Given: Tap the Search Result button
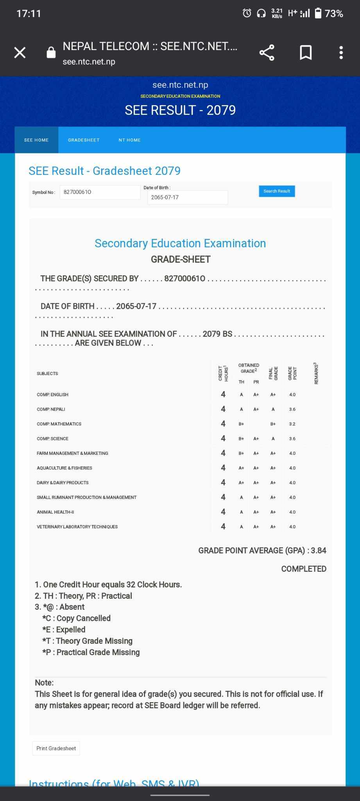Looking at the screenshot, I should pos(277,191).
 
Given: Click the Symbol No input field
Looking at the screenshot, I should pos(100,192).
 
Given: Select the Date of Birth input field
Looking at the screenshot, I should pos(188,198).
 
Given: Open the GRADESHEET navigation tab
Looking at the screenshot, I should pos(84,140).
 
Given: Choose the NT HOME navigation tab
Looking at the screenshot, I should pos(129,140).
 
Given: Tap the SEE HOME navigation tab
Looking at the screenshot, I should pos(36,140).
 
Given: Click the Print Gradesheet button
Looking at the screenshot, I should pos(56,748).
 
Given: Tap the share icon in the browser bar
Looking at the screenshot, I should pos(267,53).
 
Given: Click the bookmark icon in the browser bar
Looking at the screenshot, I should pos(306,53).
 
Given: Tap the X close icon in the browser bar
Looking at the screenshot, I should pos(20,52).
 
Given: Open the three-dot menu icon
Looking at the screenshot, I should pos(341,53).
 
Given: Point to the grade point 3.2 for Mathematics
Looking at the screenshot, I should pos(292,424).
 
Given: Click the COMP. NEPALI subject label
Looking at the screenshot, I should pos(51,409).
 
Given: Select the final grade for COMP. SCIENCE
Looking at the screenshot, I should pos(273,439).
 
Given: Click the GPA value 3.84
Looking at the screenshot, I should pos(319,551).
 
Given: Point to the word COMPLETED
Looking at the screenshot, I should pos(304,569).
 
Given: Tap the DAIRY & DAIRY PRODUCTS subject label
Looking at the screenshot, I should pos(63,483).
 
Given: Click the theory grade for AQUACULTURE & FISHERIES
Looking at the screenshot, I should pos(241,468).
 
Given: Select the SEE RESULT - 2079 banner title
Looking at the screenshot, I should pos(180,110).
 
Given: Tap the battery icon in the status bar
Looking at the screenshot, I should pos(318,13).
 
